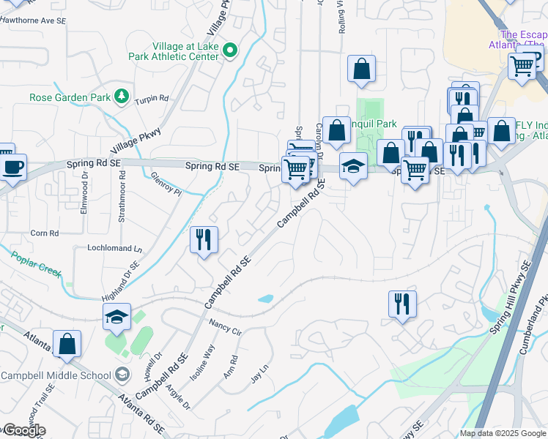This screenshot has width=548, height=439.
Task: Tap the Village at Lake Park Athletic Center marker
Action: click(x=230, y=50)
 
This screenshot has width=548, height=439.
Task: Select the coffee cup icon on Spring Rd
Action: click(x=12, y=168)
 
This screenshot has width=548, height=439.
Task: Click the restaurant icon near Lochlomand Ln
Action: click(x=204, y=239)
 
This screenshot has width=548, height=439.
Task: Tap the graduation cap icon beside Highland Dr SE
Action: click(x=116, y=317)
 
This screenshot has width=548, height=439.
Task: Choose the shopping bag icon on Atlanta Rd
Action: click(x=67, y=344)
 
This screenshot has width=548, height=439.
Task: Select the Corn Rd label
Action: click(x=44, y=233)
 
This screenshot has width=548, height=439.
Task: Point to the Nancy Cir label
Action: click(x=225, y=326)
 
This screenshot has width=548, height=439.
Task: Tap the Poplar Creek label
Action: click(x=35, y=263)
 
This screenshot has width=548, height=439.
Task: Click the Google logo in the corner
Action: click(x=23, y=429)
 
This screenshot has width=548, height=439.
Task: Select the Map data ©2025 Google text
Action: click(x=502, y=433)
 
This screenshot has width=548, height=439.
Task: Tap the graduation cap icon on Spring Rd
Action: click(x=353, y=167)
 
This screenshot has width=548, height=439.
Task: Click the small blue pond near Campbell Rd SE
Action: click(x=266, y=299)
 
